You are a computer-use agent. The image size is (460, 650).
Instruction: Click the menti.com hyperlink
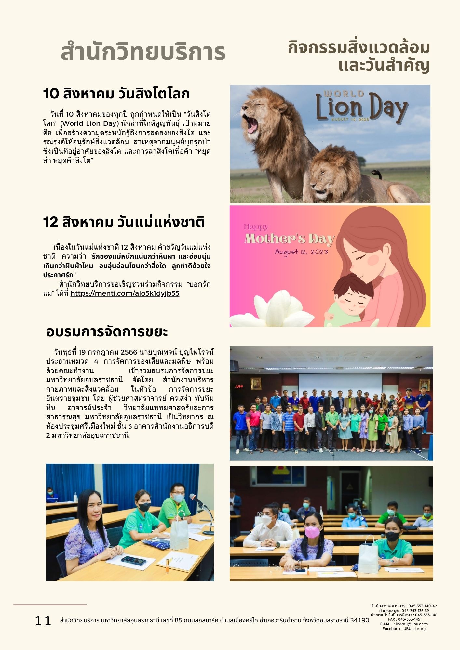(x=125, y=293)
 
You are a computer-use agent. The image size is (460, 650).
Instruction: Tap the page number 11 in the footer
(x=43, y=621)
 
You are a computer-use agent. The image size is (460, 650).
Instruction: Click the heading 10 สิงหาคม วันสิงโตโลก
(x=116, y=94)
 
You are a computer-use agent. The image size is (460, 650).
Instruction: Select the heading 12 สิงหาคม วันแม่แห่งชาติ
(x=124, y=222)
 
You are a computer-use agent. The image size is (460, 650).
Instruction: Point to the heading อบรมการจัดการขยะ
(x=107, y=332)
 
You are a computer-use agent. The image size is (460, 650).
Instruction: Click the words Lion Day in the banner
(x=361, y=108)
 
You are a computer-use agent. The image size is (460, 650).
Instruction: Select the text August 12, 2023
(x=301, y=252)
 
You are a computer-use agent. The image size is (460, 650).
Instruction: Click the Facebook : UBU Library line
(x=404, y=629)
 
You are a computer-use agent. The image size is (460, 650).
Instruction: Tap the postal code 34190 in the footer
(x=359, y=620)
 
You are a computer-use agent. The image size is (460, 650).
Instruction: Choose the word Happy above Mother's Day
(x=256, y=227)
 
